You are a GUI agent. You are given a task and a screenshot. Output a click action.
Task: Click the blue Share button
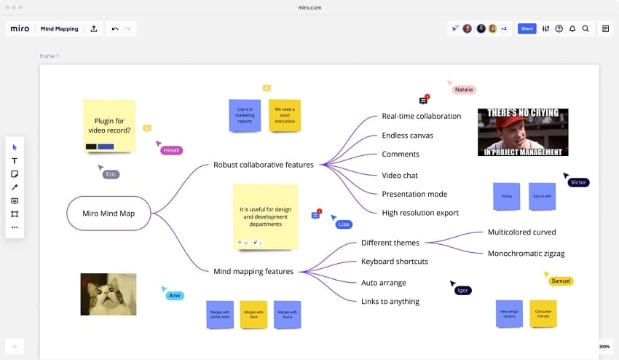pyautogui.click(x=527, y=28)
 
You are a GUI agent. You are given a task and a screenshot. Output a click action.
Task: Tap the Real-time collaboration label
pyautogui.click(x=421, y=116)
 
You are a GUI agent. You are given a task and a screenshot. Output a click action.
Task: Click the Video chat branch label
pyautogui.click(x=400, y=175)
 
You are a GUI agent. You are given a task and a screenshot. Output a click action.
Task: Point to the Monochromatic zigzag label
pyautogui.click(x=526, y=254)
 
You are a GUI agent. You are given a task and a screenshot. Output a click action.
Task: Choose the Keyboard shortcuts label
pyautogui.click(x=394, y=262)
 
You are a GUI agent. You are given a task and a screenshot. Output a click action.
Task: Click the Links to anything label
pyautogui.click(x=390, y=302)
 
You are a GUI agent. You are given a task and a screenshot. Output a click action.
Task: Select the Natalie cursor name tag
pyautogui.click(x=464, y=90)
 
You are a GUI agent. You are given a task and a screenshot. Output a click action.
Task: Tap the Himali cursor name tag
pyautogui.click(x=171, y=150)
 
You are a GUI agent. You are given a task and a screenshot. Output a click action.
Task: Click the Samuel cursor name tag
pyautogui.click(x=561, y=281)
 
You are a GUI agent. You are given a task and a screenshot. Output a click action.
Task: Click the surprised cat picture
pyautogui.click(x=108, y=294)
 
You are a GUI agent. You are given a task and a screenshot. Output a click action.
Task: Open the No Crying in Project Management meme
pyautogui.click(x=522, y=132)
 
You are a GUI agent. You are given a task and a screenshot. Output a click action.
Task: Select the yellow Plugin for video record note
pyautogui.click(x=109, y=125)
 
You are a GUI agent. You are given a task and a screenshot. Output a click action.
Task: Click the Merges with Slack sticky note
pyautogui.click(x=253, y=314)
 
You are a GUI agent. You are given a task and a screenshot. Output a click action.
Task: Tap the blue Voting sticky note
pyautogui.click(x=506, y=196)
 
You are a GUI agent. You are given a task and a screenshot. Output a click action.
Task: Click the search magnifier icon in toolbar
pyautogui.click(x=586, y=28)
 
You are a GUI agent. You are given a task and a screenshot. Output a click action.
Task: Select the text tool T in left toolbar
pyautogui.click(x=15, y=160)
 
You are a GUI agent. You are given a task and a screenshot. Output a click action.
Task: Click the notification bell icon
pyautogui.click(x=572, y=28)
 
